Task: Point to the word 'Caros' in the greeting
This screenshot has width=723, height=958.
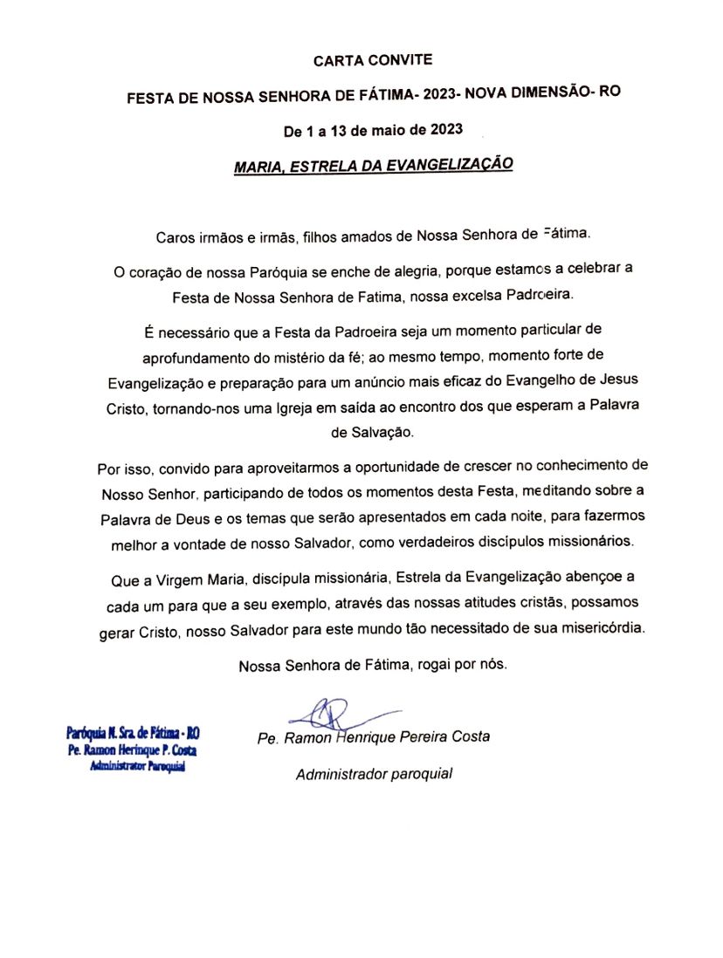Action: point(174,236)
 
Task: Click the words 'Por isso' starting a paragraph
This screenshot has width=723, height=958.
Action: point(122,467)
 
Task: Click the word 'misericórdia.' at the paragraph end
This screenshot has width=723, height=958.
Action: point(600,628)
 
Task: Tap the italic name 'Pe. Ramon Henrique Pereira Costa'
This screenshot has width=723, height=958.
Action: point(374,737)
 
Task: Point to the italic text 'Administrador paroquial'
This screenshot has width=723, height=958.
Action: point(374,774)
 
